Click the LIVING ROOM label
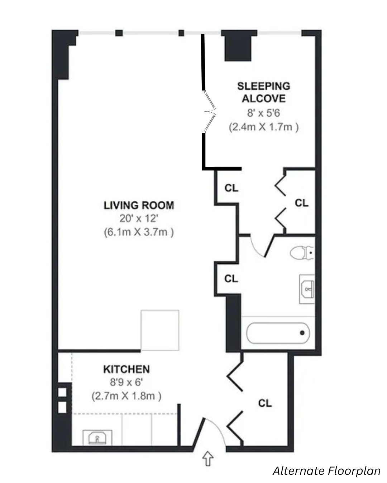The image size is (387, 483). tap(139, 205)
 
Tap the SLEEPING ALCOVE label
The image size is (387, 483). tap(263, 92)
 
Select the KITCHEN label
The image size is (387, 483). tap(126, 369)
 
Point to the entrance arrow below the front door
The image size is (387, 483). tap(208, 458)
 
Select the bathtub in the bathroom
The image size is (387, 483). tap(278, 333)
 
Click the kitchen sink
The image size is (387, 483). tap(97, 437)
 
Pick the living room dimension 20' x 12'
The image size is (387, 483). tap(139, 218)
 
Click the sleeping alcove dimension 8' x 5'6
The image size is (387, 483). tap(263, 113)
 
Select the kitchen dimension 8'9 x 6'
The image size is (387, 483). tap(126, 382)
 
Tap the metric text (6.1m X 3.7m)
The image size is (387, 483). tap(139, 232)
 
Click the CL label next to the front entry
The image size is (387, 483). tap(265, 404)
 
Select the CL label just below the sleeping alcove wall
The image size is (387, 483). tap(231, 188)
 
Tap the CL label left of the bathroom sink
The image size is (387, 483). tap(231, 278)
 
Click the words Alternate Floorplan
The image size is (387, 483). tap(326, 471)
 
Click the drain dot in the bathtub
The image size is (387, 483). tap(302, 333)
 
